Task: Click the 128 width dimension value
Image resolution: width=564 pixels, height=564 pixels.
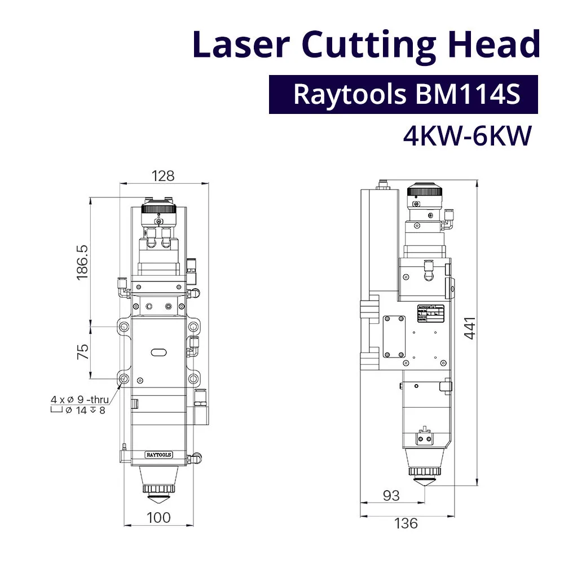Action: click(162, 175)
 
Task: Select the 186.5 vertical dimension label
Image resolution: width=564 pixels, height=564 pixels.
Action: click(82, 262)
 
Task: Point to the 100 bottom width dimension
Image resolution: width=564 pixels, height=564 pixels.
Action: click(159, 517)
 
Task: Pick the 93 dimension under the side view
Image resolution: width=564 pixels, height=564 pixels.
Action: click(391, 495)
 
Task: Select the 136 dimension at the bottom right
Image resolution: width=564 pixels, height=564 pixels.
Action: click(406, 523)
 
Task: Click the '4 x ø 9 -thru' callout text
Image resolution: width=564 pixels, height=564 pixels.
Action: click(80, 400)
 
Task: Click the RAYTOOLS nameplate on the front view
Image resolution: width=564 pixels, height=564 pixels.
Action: click(159, 454)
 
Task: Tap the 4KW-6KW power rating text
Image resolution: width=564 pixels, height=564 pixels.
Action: click(468, 136)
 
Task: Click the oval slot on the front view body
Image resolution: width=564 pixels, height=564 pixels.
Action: click(159, 352)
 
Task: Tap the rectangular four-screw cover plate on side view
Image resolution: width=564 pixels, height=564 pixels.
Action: click(394, 336)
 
